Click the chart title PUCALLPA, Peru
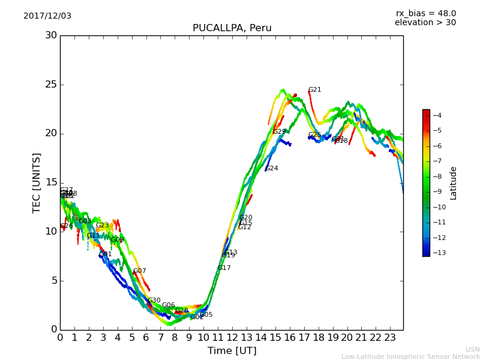[232, 28]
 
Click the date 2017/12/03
[47, 16]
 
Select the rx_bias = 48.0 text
[425, 14]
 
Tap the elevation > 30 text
[425, 23]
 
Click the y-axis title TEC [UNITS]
[37, 182]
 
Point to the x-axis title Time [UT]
[232, 351]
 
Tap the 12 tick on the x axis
[232, 338]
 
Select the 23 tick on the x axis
[390, 338]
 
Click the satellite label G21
[314, 90]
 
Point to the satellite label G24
[271, 169]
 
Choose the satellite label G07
[140, 271]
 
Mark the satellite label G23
[103, 226]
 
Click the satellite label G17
[224, 268]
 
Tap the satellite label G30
[154, 301]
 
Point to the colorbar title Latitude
[454, 182]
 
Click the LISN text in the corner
[472, 349]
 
